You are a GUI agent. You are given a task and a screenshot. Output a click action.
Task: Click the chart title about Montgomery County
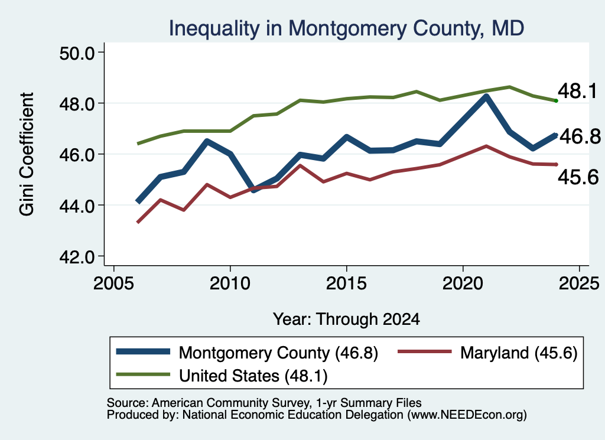point(346,28)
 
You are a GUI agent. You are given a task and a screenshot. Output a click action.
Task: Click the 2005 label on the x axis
point(114,283)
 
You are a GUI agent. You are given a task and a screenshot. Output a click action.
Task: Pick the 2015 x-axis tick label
point(346,283)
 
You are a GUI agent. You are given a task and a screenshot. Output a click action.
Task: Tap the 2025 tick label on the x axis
point(579,283)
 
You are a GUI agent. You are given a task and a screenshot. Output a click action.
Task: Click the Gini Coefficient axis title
point(27,154)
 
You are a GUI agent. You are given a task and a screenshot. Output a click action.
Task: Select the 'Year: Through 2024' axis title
point(346,320)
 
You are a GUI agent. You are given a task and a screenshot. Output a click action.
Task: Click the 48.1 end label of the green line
point(578,92)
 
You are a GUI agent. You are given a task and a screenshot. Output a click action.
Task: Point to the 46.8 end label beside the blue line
point(580,136)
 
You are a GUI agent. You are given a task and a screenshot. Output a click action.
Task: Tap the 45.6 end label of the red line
point(578,177)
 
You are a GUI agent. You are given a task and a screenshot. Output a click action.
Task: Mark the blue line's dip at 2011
point(253,190)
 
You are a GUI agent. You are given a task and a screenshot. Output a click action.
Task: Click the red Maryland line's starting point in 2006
point(138,222)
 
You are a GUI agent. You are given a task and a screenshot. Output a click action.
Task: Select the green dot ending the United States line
point(556,100)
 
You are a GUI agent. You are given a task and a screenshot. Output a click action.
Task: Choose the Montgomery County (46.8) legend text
point(278,353)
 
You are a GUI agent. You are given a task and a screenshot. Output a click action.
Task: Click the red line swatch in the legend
point(424,351)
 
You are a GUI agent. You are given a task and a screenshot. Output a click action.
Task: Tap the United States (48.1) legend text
point(253,376)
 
